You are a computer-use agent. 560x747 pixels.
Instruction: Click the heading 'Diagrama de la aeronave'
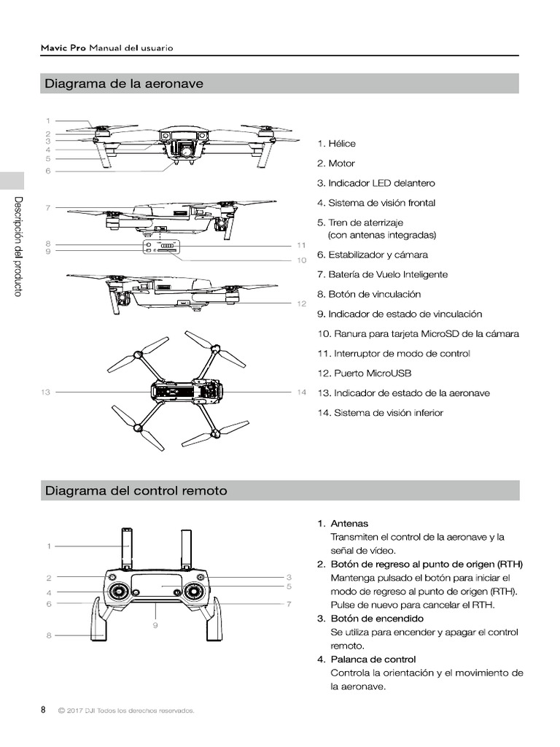click(123, 84)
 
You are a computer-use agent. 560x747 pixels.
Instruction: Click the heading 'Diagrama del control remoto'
click(136, 491)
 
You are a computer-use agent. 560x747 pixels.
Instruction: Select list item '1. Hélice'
click(336, 144)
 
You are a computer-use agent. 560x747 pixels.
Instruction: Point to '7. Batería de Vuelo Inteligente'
click(382, 274)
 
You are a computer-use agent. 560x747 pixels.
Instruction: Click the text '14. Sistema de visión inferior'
click(380, 413)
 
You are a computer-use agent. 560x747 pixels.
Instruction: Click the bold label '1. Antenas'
click(343, 524)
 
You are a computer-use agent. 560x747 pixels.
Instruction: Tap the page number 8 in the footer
click(43, 710)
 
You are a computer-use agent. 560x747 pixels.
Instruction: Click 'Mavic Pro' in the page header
click(62, 48)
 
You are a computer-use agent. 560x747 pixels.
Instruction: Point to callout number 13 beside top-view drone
click(45, 392)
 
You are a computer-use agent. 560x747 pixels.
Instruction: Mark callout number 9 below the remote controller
click(156, 625)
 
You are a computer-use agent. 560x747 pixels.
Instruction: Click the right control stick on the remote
click(194, 591)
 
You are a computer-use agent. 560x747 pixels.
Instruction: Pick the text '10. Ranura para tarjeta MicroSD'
click(418, 334)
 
